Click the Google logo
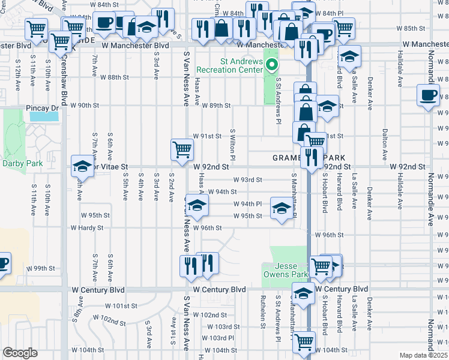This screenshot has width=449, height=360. tap(20, 353)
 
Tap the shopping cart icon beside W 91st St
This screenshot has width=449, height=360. tap(182, 149)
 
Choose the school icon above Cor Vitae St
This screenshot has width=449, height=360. tap(82, 167)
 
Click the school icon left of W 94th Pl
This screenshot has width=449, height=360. tap(196, 206)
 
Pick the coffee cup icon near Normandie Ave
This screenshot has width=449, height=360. tap(429, 95)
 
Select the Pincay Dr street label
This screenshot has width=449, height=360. tap(43, 107)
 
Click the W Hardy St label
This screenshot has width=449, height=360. tap(87, 228)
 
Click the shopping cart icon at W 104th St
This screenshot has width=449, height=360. tap(304, 342)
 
